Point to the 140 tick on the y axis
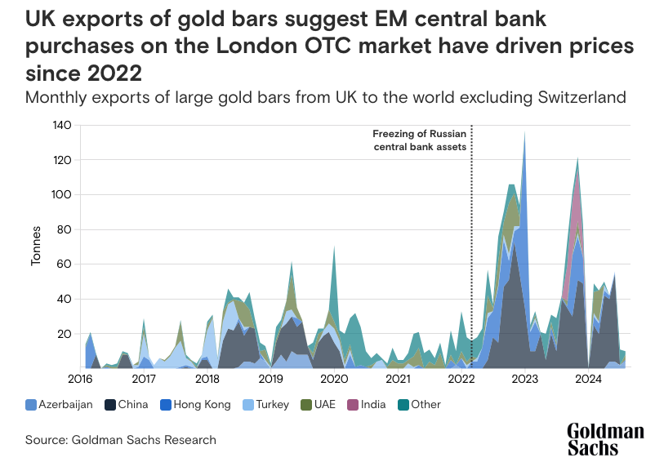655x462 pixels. click(63, 125)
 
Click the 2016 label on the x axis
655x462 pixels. click(80, 380)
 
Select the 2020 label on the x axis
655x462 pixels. click(334, 380)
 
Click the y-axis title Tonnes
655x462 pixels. click(36, 247)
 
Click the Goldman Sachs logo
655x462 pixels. click(606, 439)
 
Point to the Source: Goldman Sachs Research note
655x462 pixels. click(120, 440)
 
